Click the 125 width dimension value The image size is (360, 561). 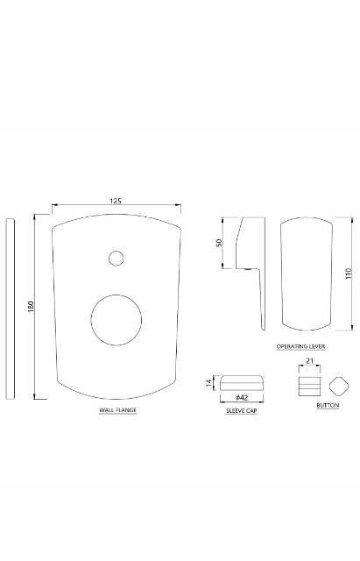(116, 201)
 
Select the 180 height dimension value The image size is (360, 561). (31, 306)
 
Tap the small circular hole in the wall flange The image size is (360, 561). (116, 259)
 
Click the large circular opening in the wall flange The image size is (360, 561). (116, 320)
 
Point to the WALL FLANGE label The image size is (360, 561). (117, 410)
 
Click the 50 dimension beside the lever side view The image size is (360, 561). (220, 242)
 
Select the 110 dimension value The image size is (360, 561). (349, 273)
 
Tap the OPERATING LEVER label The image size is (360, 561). (300, 346)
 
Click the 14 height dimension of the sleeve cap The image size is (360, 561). (208, 383)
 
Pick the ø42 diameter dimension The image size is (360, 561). (242, 397)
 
